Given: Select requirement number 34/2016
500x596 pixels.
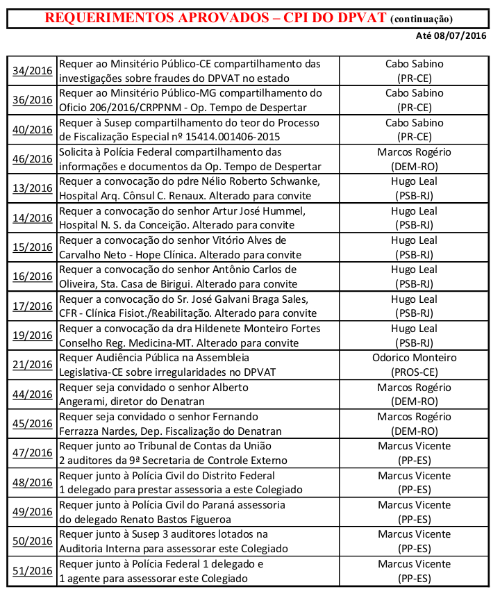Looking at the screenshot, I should click(33, 71).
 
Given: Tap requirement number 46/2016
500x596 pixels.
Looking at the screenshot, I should click(33, 159).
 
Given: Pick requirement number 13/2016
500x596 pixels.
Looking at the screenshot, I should click(33, 189).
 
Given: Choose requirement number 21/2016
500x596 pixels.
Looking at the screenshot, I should click(33, 365).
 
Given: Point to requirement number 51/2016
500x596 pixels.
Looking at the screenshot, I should click(33, 571).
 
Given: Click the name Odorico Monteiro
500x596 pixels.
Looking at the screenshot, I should click(414, 358).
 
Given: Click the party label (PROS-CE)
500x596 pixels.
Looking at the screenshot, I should click(414, 372).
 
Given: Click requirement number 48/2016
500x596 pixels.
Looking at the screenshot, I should click(33, 483).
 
